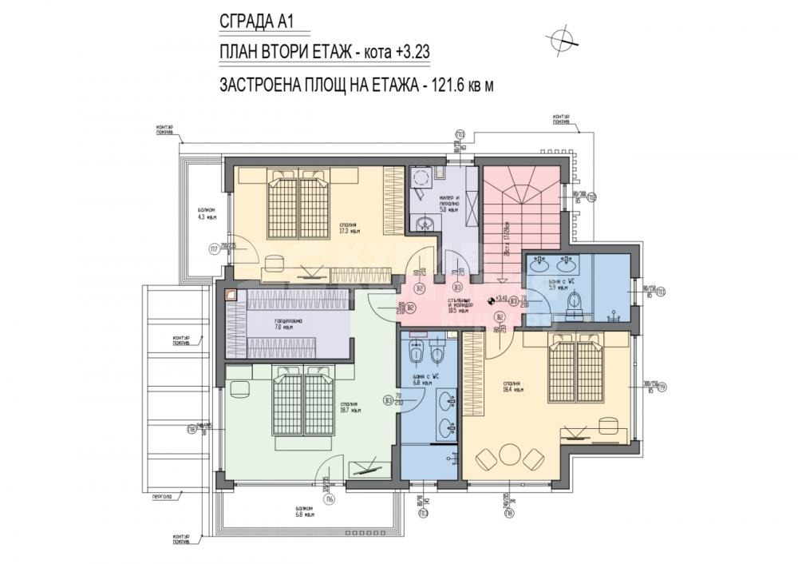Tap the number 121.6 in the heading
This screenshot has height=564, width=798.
coord(448,85)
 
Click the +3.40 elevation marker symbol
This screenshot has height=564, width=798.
coord(490,300)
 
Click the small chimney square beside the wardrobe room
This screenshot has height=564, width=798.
coord(231,293)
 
